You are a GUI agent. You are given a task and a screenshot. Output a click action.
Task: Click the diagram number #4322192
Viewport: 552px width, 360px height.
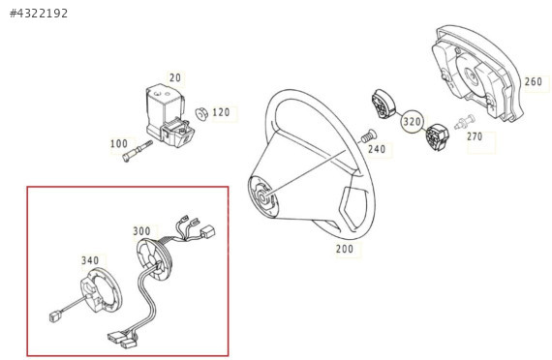(39, 14)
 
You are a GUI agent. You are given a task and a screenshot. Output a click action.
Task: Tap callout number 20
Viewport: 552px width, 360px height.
(175, 77)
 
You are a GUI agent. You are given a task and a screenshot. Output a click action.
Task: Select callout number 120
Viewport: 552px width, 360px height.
(221, 112)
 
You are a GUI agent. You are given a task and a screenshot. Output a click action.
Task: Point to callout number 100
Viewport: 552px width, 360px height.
(119, 143)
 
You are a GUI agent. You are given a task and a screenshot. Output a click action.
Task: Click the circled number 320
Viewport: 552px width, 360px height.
(412, 122)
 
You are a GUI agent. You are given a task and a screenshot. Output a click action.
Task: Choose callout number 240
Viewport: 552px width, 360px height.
(377, 149)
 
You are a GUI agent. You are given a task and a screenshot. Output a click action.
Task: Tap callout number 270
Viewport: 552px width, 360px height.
(475, 136)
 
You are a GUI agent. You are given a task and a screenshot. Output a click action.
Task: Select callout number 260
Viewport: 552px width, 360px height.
(534, 81)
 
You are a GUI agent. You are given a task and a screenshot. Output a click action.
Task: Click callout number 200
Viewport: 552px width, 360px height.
(345, 249)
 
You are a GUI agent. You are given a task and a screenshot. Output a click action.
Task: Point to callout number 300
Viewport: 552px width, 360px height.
(141, 231)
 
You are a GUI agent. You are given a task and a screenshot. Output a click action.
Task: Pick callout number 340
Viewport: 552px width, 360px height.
(90, 260)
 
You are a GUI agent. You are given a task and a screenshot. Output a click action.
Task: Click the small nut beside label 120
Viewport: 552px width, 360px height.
(201, 113)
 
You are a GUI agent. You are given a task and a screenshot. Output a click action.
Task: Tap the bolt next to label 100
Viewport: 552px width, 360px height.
(138, 151)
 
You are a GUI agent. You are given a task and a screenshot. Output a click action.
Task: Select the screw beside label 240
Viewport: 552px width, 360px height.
(369, 136)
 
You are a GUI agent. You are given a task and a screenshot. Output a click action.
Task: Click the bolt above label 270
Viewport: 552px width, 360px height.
(465, 121)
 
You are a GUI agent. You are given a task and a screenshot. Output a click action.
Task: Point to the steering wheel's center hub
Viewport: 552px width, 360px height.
(262, 196)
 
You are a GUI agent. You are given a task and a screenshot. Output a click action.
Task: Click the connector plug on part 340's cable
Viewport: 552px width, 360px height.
(54, 316)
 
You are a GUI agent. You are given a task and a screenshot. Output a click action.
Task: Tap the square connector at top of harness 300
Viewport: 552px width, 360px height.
(207, 232)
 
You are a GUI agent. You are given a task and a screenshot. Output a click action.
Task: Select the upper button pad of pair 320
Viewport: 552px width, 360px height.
(383, 105)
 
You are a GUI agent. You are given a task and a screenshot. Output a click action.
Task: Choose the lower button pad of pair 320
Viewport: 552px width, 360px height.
(437, 137)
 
